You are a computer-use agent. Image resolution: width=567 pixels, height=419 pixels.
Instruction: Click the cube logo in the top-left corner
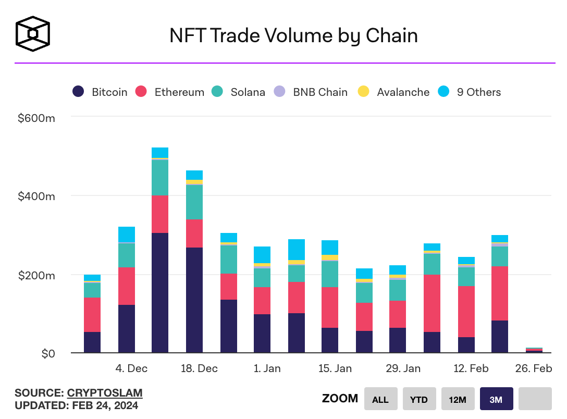(33, 35)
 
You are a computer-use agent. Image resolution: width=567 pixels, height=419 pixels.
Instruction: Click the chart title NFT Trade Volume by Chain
(293, 35)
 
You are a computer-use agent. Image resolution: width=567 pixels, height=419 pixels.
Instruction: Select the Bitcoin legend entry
(100, 92)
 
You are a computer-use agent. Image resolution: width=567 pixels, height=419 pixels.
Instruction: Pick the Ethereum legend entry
(169, 92)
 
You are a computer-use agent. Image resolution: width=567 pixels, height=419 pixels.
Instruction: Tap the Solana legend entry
(238, 92)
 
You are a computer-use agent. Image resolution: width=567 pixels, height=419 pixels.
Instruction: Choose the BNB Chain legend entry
(311, 92)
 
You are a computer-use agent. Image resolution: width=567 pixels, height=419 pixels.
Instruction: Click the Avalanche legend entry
(393, 92)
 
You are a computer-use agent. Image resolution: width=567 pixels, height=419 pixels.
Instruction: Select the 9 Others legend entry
(469, 92)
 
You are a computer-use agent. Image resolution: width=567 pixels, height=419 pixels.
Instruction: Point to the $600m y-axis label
(36, 118)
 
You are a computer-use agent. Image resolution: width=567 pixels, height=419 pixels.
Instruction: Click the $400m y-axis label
(36, 197)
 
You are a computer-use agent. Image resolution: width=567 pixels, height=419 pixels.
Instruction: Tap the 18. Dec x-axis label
(200, 368)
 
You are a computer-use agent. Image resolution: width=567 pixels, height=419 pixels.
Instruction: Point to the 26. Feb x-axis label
(534, 368)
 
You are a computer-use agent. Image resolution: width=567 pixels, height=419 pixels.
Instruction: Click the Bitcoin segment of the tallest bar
(160, 292)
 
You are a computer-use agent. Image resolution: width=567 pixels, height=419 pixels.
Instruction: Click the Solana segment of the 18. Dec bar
(194, 202)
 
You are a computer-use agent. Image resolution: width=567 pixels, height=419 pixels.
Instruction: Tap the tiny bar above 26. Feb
(534, 350)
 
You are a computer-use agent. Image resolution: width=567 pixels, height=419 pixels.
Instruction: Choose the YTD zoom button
(418, 399)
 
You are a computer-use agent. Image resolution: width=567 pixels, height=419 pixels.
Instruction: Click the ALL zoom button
(380, 399)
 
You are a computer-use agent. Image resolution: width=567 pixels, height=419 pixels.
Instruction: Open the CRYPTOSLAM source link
(105, 393)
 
